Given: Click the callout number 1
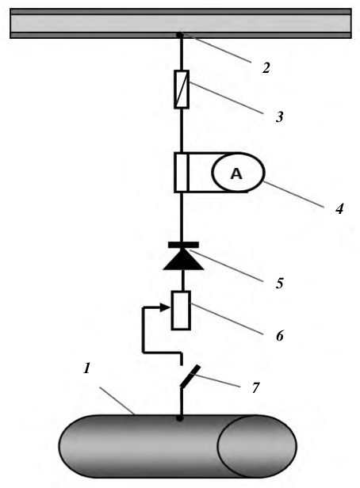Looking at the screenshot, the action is (87, 368).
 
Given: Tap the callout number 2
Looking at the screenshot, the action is (266, 68).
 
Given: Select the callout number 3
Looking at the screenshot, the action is (280, 117).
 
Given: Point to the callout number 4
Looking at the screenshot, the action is (339, 208).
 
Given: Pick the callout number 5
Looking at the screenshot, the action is (279, 284).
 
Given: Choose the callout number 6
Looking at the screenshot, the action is (280, 336).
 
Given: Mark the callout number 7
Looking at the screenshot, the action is (255, 388).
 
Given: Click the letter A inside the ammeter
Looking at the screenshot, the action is (236, 173).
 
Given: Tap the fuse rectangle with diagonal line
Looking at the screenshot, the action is (182, 90).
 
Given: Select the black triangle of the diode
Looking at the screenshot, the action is (183, 260).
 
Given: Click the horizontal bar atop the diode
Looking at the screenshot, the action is (183, 245).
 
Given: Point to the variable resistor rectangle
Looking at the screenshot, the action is (181, 311).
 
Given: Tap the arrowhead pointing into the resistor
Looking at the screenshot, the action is (165, 308).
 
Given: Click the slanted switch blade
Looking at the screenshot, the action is (190, 376).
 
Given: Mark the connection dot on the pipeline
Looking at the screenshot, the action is (180, 418).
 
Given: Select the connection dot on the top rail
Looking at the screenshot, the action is (180, 35).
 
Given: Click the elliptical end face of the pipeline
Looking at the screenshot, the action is (257, 446).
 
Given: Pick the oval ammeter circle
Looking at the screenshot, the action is (238, 172).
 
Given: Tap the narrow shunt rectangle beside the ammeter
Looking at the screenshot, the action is (182, 173).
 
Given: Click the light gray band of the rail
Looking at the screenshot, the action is (181, 23).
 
